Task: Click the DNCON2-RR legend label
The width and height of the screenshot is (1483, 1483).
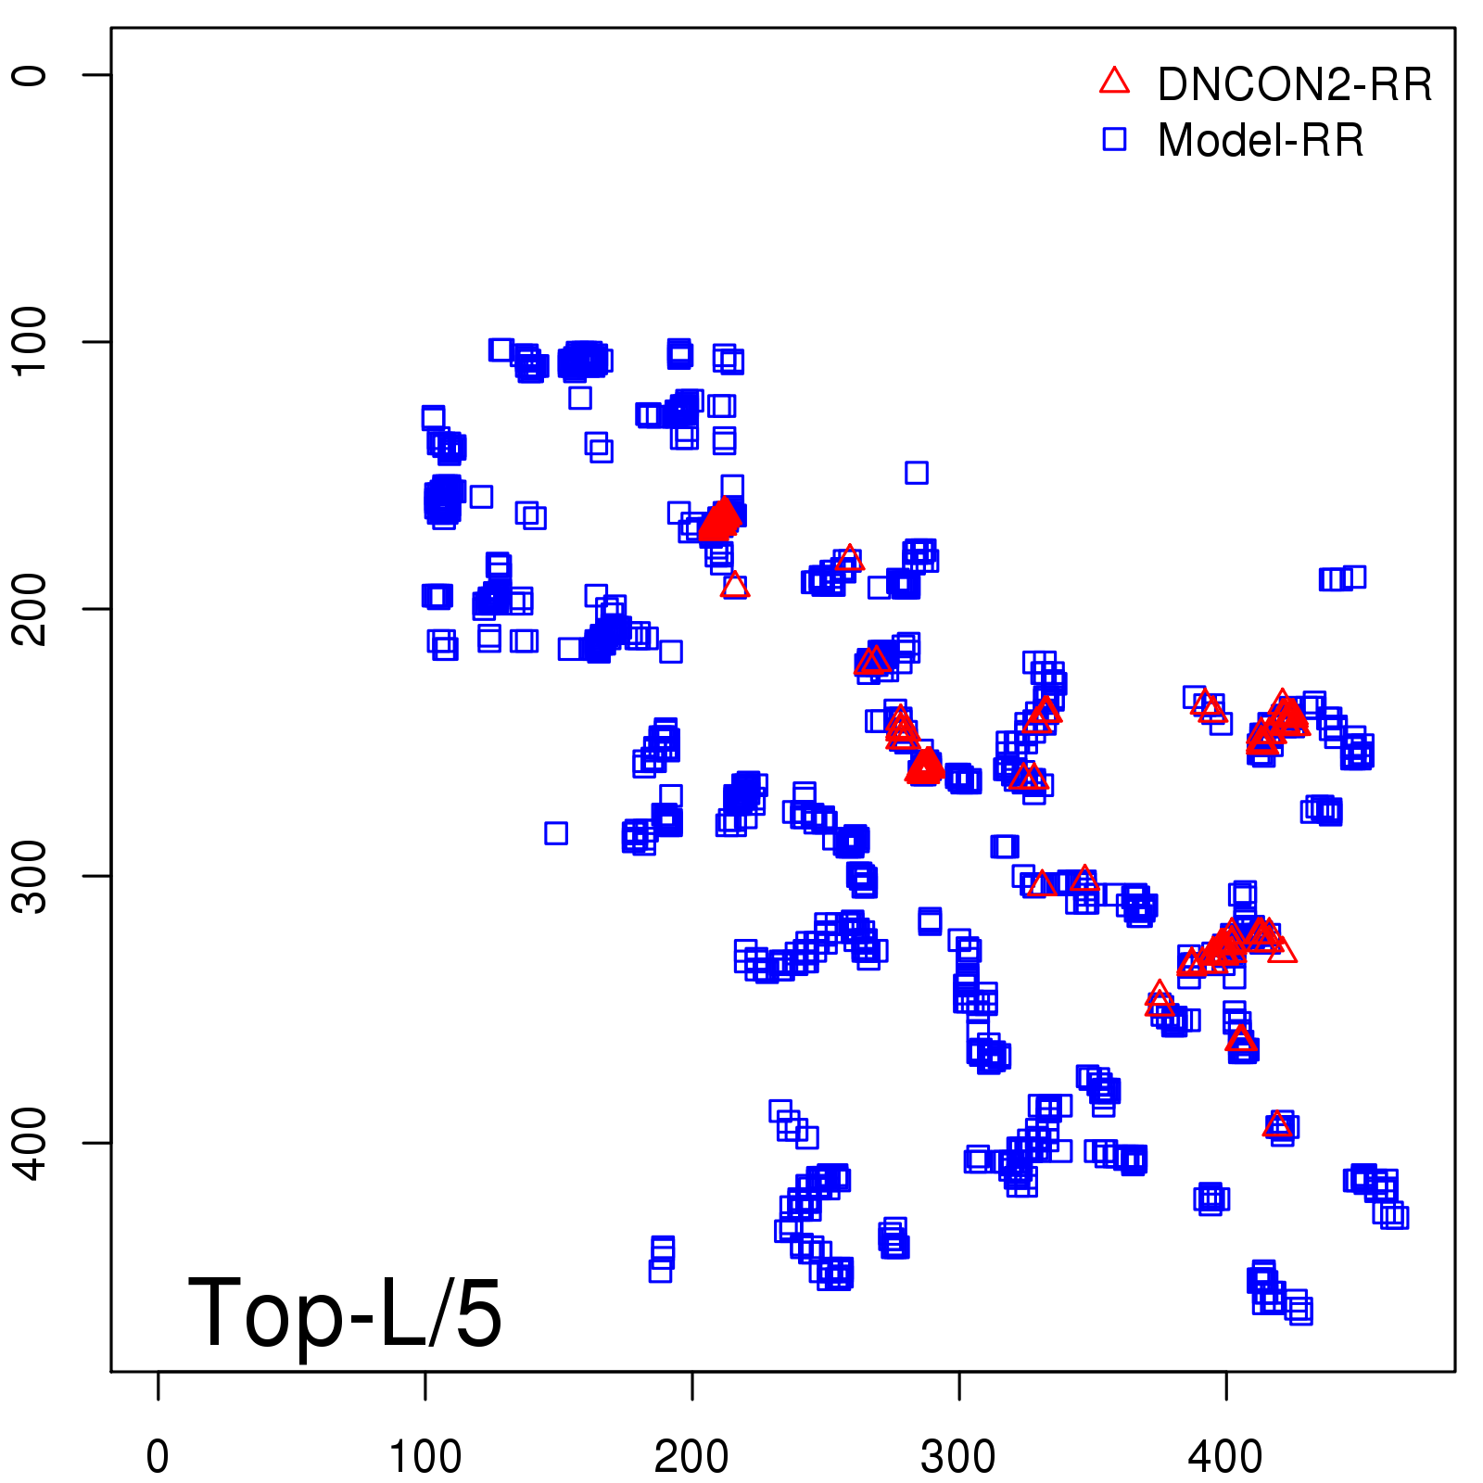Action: point(1294,85)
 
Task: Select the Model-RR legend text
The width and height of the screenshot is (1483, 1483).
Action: point(1261,141)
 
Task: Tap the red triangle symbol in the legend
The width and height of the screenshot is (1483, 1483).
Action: point(1114,82)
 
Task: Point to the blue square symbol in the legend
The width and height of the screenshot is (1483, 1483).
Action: point(1114,139)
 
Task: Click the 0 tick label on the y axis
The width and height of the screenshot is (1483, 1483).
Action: point(31,75)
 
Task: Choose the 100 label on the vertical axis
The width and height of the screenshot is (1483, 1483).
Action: point(31,341)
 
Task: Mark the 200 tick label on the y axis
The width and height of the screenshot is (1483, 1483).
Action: point(31,608)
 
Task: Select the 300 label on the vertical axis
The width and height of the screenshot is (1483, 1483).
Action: point(31,875)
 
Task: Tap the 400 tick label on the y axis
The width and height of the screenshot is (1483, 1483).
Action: point(31,1142)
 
